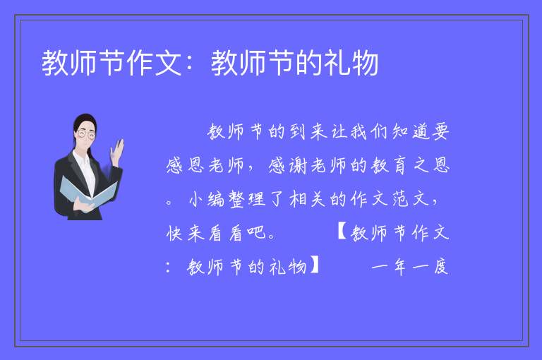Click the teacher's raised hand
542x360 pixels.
tap(117, 152)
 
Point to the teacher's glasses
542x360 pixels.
tap(86, 134)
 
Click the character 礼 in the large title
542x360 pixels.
tap(338, 63)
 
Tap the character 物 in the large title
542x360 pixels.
tap(366, 63)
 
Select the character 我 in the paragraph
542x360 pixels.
tap(358, 132)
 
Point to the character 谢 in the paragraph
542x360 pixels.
tap(298, 165)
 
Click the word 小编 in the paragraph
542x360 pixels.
tap(207, 200)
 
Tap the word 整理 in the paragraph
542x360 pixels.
tap(248, 200)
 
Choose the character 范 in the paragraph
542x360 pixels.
tap(401, 200)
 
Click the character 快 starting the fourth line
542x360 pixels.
tap(174, 233)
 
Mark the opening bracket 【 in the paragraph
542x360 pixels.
tap(342, 232)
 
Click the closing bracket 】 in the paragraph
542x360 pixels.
tap(315, 266)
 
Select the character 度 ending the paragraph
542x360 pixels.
tap(441, 267)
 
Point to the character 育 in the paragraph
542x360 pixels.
tap(400, 166)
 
